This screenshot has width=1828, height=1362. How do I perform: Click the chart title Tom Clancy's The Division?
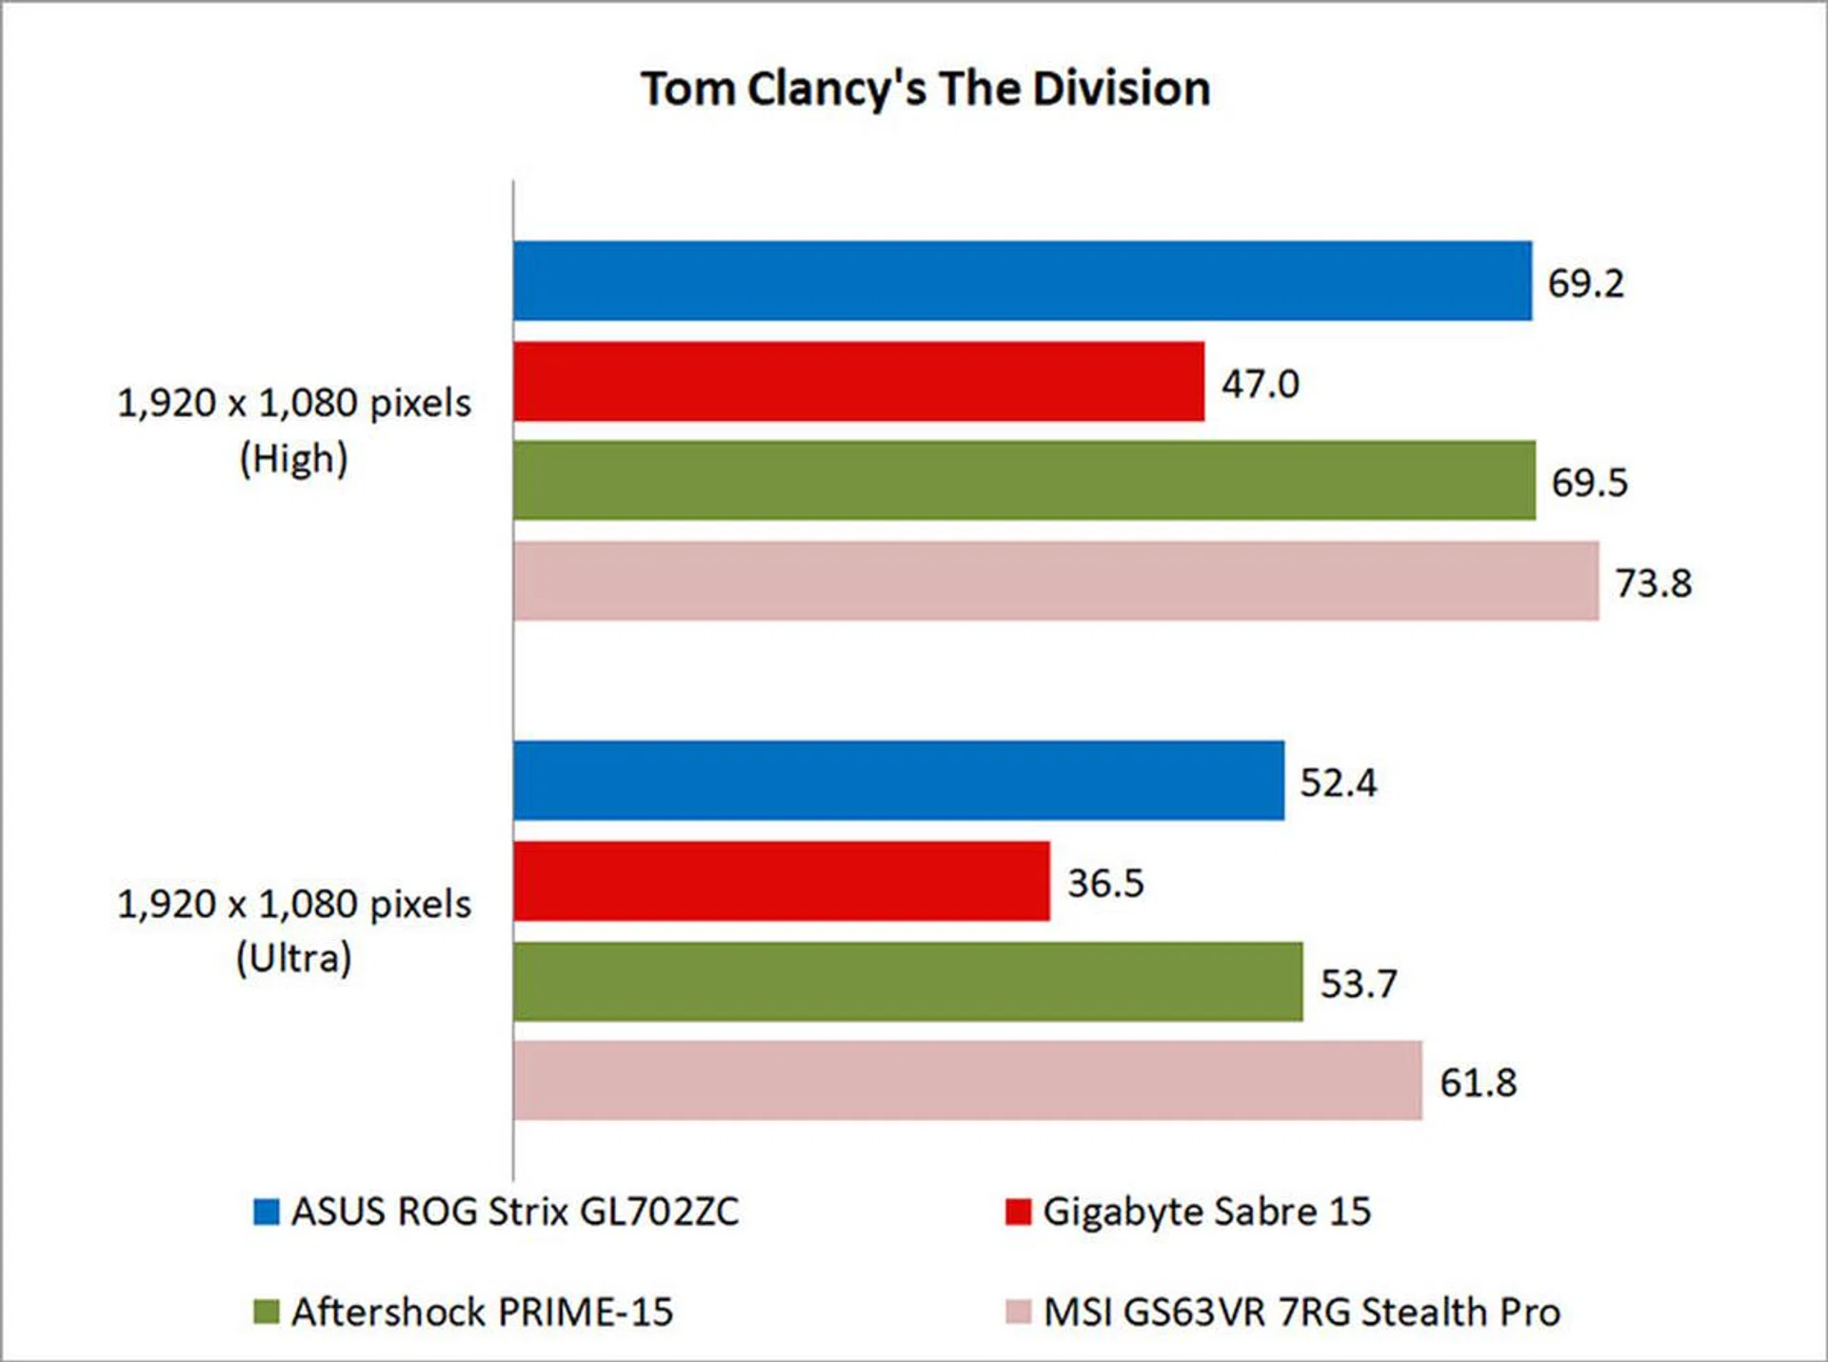tap(925, 89)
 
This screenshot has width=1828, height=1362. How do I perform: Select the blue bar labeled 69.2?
tap(1023, 281)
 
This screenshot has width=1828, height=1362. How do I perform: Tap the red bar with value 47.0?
tap(859, 381)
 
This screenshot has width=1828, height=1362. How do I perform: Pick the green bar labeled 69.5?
tap(1024, 480)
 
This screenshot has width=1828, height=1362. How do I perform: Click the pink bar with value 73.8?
tap(1056, 581)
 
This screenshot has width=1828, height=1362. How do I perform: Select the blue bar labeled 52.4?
tap(899, 780)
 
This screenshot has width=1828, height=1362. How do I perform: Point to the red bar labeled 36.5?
tap(782, 881)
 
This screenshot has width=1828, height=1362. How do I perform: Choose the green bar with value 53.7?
tap(908, 982)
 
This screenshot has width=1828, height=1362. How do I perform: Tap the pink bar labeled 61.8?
tap(967, 1080)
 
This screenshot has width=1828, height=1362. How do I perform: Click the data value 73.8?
tap(1654, 583)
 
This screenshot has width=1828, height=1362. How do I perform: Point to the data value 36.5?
tap(1105, 883)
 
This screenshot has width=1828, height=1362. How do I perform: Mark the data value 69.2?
tap(1585, 283)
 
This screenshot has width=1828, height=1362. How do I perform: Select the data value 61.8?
tap(1478, 1082)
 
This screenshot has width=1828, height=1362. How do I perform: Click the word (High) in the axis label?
tap(293, 459)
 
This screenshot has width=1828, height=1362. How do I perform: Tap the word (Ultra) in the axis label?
tap(293, 958)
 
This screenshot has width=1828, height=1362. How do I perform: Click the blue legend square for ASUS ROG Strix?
tap(267, 1212)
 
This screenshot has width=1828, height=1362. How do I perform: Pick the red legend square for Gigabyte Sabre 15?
tap(1018, 1212)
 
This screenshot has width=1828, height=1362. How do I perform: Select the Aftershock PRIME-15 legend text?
tap(482, 1312)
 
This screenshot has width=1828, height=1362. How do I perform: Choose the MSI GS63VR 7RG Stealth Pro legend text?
tap(1301, 1312)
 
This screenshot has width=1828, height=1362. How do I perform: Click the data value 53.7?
tap(1359, 984)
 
